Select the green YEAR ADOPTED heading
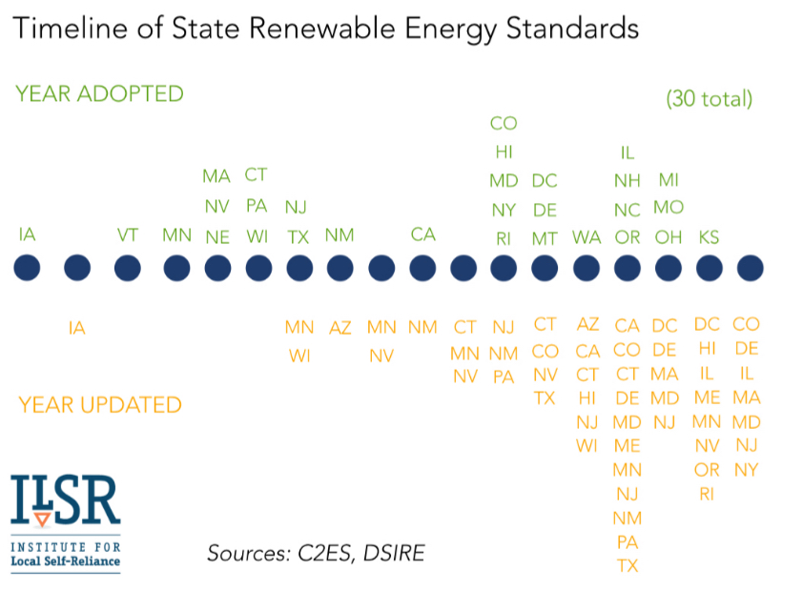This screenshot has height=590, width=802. [x=99, y=93]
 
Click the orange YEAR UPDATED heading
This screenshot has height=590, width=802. [x=99, y=404]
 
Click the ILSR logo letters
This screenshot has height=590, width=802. [x=66, y=500]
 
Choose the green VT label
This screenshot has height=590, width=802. [x=127, y=234]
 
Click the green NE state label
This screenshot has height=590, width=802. [x=217, y=237]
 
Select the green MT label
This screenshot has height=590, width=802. [x=545, y=238]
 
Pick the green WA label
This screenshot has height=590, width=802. [x=586, y=237]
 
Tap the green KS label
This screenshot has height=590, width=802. [x=709, y=236]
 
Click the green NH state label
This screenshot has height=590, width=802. [x=627, y=181]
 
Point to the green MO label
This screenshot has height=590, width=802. [x=668, y=208]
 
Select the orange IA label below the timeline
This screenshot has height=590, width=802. [x=77, y=328]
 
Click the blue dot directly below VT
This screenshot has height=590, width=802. [x=127, y=268]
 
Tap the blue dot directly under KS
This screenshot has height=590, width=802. [x=709, y=268]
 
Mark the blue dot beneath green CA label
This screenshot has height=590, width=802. [x=422, y=268]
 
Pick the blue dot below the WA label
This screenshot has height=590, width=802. [x=586, y=268]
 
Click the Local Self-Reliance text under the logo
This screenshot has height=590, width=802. [x=66, y=560]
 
